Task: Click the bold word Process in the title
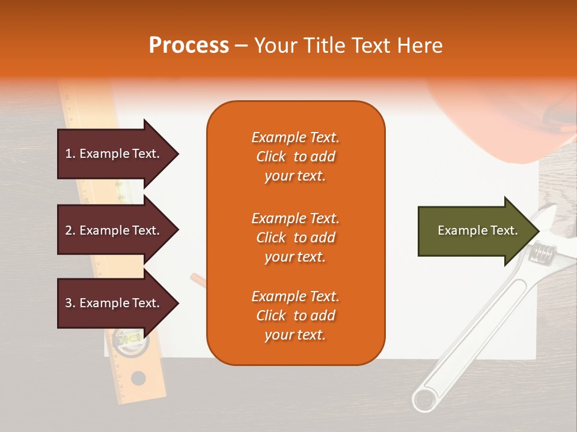pos(189,46)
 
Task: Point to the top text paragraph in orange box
pos(295,157)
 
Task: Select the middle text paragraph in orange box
pos(295,238)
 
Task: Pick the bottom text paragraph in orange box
pos(295,316)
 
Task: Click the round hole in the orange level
pos(138,378)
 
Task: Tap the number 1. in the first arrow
pos(70,154)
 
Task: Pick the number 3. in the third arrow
pos(70,303)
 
